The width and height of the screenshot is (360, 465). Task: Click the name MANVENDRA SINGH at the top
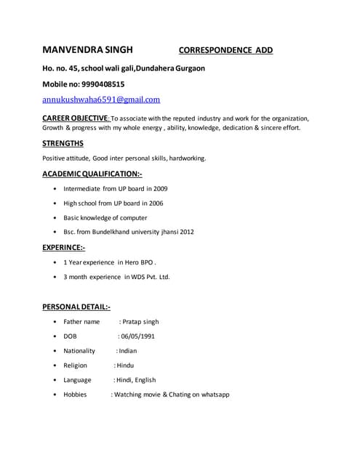point(87,50)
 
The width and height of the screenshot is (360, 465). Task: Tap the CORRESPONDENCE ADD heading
point(225,51)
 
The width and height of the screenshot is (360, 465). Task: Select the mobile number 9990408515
point(100,84)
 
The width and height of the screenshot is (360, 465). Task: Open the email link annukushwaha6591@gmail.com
point(101,100)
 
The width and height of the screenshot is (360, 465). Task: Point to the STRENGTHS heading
point(63,143)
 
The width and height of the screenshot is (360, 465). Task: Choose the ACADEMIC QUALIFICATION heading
point(92,174)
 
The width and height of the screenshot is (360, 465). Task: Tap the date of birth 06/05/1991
point(137,336)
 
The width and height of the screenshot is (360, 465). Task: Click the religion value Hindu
point(124,365)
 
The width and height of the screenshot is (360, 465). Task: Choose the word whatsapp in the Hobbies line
point(213,395)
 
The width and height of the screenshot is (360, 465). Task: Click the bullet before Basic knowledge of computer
point(56,218)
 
